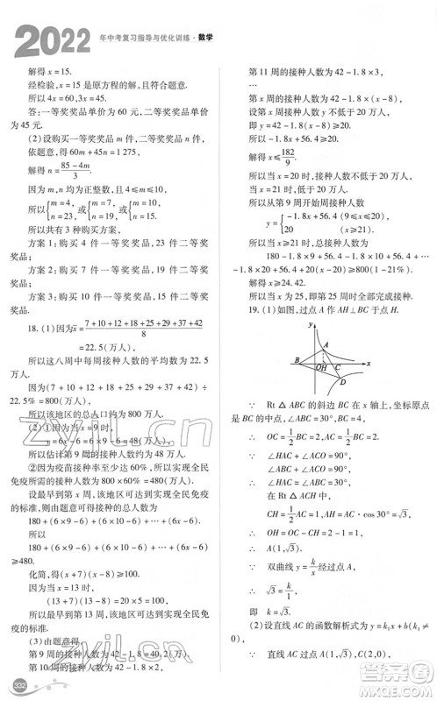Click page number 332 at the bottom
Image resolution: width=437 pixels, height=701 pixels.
coord(15,683)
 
